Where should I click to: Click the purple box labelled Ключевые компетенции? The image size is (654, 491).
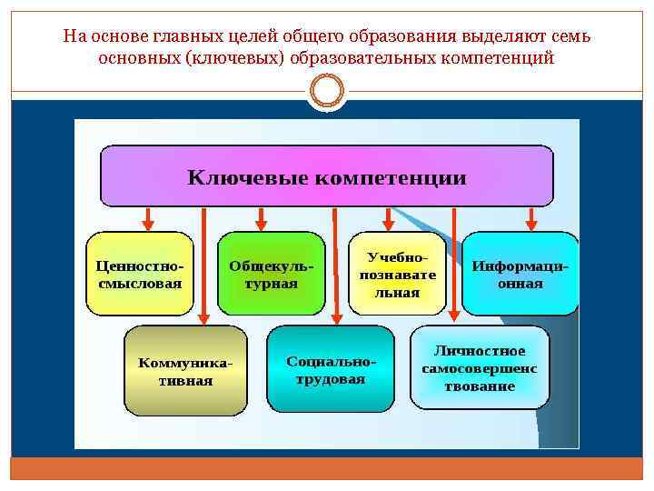click(x=326, y=176)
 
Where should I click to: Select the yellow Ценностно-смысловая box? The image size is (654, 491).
click(x=139, y=274)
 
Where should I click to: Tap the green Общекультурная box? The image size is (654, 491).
click(x=271, y=274)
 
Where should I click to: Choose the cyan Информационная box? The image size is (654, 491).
click(x=520, y=274)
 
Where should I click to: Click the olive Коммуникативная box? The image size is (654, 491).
click(x=185, y=371)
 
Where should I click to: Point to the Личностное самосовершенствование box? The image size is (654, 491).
click(x=480, y=367)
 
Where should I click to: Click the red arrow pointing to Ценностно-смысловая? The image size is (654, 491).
click(x=148, y=218)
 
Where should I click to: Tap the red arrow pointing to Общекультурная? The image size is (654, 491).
click(x=262, y=218)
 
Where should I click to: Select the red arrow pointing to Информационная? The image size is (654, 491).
click(x=531, y=218)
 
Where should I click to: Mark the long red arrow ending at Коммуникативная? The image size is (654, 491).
click(x=203, y=264)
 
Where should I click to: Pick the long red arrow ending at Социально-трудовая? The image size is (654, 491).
click(x=335, y=264)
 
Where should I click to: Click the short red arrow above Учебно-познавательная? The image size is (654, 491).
click(x=389, y=218)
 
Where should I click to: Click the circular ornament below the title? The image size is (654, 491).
click(x=326, y=91)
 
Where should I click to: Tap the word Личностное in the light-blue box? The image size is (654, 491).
click(x=480, y=351)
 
